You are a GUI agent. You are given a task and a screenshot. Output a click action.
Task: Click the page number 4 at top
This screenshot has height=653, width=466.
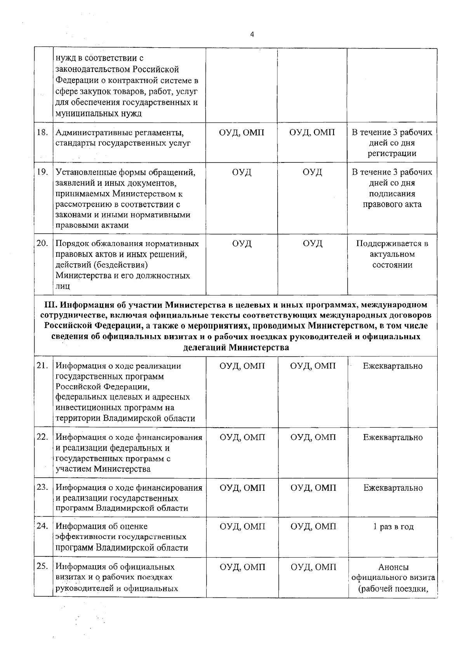[252, 35]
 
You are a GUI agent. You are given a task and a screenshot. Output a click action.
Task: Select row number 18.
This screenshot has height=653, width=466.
[42, 132]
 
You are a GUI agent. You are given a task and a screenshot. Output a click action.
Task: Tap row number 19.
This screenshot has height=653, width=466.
[42, 172]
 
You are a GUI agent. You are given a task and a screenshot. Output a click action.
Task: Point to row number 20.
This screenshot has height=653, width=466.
[42, 243]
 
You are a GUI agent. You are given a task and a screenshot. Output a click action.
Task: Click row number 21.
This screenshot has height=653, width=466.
[42, 366]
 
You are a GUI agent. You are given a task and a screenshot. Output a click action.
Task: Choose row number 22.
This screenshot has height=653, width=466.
[42, 437]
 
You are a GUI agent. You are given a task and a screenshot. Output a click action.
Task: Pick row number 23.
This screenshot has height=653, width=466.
[42, 487]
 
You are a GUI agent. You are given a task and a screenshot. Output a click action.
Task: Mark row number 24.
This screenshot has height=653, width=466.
[42, 526]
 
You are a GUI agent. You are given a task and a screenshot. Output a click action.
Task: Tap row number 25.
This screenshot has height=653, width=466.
[42, 567]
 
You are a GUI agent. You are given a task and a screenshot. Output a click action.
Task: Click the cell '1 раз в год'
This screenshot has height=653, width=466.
[393, 527]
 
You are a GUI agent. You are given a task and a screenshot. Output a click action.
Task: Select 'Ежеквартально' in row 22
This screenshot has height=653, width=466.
[393, 437]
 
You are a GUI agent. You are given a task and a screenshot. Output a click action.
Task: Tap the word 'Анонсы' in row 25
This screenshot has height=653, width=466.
[393, 567]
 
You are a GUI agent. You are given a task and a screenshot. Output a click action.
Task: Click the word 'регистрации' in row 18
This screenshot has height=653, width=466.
[392, 154]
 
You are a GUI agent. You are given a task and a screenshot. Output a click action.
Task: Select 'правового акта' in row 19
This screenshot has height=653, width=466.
[392, 204]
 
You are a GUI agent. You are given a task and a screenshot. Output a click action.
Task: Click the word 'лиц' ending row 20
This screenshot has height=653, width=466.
[63, 287]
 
